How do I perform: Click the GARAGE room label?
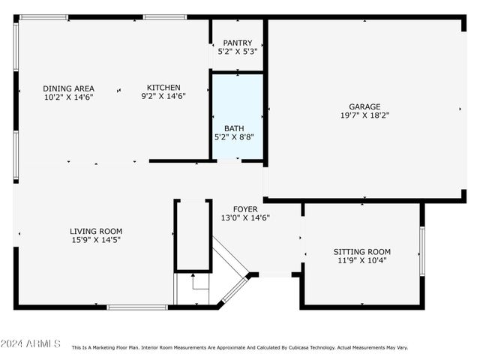[364, 106]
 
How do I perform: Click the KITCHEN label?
[163, 87]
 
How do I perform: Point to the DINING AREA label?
[68, 88]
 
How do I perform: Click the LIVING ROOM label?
[96, 231]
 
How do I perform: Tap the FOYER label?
[245, 209]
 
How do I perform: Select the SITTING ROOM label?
[362, 251]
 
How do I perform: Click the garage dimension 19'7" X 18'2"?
[364, 115]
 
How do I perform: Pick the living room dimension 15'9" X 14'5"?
[96, 240]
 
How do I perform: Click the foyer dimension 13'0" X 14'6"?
[245, 217]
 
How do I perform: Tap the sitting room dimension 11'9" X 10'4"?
[362, 260]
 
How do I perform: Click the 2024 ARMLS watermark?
[31, 343]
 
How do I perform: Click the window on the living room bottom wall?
[137, 307]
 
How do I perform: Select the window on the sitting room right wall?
[422, 250]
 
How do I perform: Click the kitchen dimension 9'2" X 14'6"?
[163, 96]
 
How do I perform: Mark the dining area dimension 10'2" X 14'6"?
[68, 97]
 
